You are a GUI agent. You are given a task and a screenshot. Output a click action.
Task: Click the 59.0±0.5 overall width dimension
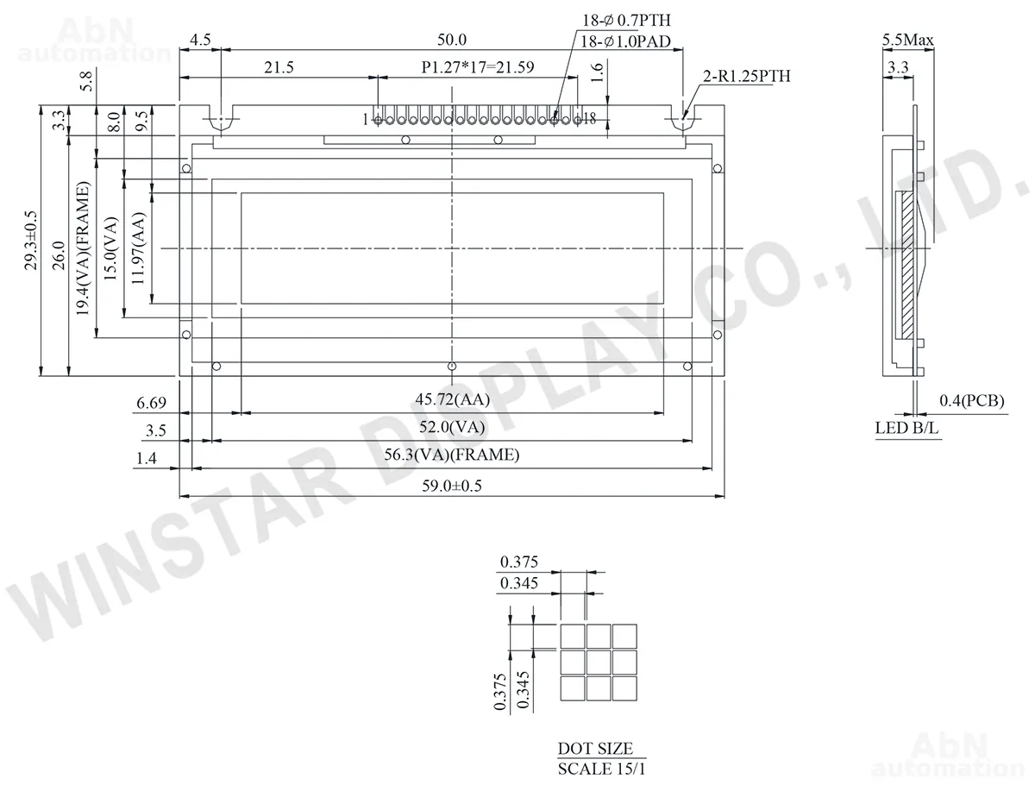(x=452, y=486)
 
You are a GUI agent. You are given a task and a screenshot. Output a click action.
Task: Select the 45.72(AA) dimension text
(x=452, y=399)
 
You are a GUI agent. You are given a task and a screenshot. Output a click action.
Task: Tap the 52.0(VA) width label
(x=452, y=427)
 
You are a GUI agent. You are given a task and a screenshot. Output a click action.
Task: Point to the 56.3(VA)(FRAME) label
(x=452, y=455)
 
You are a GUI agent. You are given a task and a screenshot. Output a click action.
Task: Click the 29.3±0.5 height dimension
(x=31, y=241)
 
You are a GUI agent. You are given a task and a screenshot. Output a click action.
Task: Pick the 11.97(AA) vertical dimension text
(x=138, y=248)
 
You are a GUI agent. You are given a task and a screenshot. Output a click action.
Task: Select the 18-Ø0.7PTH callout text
(x=626, y=20)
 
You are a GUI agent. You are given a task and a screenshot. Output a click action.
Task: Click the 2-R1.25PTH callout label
(x=746, y=76)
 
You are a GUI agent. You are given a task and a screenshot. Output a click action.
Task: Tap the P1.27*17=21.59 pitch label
(x=478, y=67)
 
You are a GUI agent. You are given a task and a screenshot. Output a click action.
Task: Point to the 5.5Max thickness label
(x=907, y=40)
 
